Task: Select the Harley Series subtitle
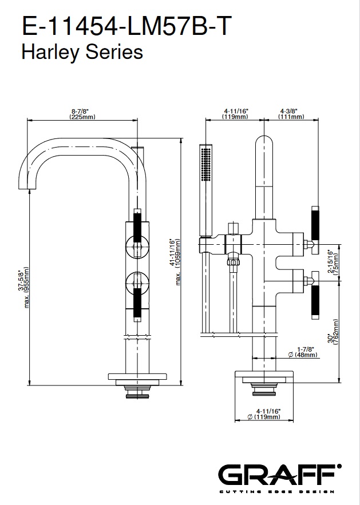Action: tap(82, 53)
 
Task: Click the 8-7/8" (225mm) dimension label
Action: tap(82, 114)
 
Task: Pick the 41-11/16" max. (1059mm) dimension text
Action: tap(175, 261)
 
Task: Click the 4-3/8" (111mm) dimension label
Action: tap(291, 114)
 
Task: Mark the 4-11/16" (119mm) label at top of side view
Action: tap(235, 114)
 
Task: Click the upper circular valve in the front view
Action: tap(136, 247)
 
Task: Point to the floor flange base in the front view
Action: tap(136, 379)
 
